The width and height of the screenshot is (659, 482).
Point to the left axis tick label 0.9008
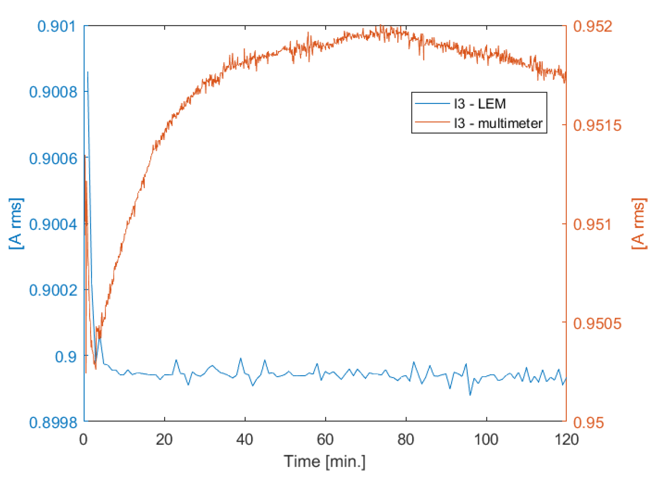click(x=53, y=92)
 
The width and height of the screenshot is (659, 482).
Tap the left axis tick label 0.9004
click(x=53, y=224)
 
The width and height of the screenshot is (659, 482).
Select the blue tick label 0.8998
click(x=53, y=423)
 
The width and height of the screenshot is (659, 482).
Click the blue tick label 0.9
click(x=66, y=357)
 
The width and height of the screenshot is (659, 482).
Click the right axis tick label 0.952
click(x=592, y=26)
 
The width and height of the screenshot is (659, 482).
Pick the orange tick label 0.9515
click(x=597, y=125)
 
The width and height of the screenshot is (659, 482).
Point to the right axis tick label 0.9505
click(x=597, y=323)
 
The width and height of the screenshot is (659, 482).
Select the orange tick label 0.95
click(x=589, y=423)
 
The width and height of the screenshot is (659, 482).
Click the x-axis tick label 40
click(x=245, y=440)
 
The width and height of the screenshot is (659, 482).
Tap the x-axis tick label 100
click(x=486, y=440)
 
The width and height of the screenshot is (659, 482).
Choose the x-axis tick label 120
click(x=566, y=440)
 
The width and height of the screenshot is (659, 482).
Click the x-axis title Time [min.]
click(x=324, y=462)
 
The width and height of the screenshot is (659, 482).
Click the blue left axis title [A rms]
click(x=16, y=224)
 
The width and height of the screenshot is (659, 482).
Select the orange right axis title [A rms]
click(x=639, y=224)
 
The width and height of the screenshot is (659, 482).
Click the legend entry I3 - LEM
click(x=479, y=104)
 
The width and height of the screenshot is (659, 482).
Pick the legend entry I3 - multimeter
click(x=498, y=123)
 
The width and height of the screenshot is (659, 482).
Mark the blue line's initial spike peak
click(x=88, y=72)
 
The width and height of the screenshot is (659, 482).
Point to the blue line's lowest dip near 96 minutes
click(x=470, y=395)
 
